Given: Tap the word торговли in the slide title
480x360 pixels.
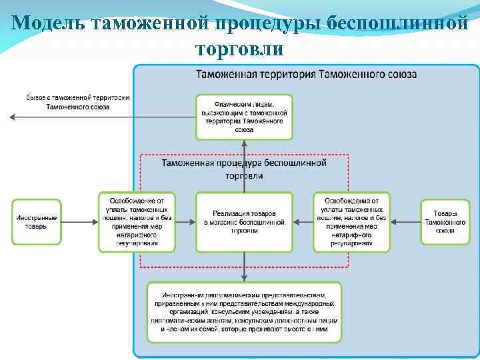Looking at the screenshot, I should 240,49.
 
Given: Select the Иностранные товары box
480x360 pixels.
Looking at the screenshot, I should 37,222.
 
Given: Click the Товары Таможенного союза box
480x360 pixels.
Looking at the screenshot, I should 445,222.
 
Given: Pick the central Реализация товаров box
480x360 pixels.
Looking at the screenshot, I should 244,222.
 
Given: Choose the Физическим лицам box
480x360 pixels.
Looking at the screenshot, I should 244,117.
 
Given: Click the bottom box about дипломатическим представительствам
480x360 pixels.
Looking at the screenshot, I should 244,312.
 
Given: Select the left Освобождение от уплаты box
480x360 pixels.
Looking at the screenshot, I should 137,222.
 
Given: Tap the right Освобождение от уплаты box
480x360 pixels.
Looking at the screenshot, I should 351,222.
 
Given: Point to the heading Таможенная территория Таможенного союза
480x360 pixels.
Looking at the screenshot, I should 306,74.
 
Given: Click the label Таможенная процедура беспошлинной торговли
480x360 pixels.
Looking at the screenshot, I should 244,169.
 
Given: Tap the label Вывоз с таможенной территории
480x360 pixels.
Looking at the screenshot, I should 78,101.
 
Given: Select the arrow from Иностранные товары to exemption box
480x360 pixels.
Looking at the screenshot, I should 81,222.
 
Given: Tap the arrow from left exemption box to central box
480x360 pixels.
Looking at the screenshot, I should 186,222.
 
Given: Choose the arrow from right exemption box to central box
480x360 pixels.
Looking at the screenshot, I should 303,222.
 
